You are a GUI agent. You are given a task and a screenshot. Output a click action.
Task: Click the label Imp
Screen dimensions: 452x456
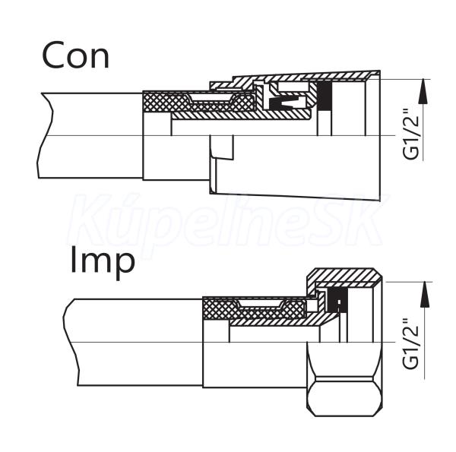[103, 260]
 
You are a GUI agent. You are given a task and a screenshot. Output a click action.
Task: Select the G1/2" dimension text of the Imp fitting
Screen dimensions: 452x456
[411, 342]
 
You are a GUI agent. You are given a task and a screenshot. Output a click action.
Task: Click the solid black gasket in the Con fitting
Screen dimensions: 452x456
[325, 96]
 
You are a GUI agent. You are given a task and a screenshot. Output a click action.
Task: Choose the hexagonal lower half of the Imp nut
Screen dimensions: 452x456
[346, 380]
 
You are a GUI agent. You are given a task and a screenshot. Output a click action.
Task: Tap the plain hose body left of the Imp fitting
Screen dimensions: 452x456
[129, 342]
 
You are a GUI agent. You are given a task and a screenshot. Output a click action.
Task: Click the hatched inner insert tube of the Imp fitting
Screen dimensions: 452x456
[274, 322]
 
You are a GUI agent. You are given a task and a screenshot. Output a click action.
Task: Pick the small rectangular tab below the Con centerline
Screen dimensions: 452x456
[222, 147]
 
